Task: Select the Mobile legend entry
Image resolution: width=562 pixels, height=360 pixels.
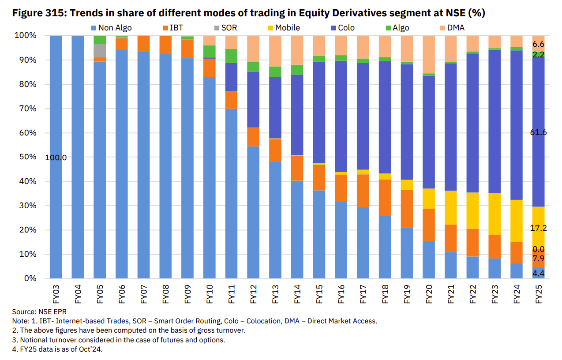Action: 287,28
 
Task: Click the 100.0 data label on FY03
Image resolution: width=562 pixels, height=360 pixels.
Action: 56,157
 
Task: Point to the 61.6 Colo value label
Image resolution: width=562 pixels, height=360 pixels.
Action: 538,132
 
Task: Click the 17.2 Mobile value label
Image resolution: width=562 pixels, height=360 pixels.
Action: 538,228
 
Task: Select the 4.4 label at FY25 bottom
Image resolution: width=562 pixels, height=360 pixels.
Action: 538,274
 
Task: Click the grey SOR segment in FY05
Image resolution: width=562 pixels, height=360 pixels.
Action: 100,50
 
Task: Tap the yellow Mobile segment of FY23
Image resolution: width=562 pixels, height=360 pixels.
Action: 495,214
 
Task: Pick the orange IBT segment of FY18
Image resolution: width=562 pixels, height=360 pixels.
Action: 385,198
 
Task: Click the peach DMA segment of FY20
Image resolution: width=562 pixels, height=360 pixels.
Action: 429,54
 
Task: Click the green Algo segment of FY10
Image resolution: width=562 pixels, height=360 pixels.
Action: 210,51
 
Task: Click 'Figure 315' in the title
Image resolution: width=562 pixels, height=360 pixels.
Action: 39,13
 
